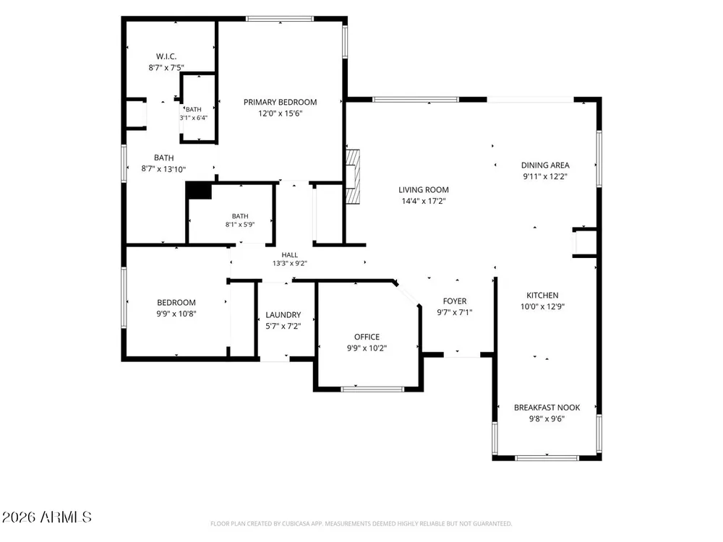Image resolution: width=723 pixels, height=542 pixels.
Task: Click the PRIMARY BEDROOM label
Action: pyautogui.click(x=280, y=103)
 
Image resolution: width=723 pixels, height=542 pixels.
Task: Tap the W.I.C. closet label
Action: pyautogui.click(x=166, y=56)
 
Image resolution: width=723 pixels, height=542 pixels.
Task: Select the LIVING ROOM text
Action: pyautogui.click(x=423, y=190)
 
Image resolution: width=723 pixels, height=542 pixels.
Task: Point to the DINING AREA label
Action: pyautogui.click(x=545, y=165)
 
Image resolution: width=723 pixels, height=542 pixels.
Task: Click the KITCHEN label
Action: pyautogui.click(x=542, y=296)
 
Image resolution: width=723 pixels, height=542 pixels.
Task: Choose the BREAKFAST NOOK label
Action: pyautogui.click(x=547, y=408)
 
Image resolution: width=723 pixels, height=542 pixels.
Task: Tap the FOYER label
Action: pyautogui.click(x=455, y=301)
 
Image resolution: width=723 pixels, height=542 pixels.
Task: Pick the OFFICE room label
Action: pyautogui.click(x=367, y=337)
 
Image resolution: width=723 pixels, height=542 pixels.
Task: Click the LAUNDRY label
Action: pyautogui.click(x=283, y=315)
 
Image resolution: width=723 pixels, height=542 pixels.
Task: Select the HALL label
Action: pyautogui.click(x=290, y=255)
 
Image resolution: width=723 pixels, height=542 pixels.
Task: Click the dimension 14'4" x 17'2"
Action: pyautogui.click(x=423, y=201)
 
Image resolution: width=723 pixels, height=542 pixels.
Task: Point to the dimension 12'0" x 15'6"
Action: pyautogui.click(x=280, y=113)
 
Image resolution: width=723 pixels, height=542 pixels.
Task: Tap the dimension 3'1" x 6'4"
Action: pyautogui.click(x=194, y=118)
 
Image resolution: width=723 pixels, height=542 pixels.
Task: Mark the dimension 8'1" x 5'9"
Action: pyautogui.click(x=240, y=225)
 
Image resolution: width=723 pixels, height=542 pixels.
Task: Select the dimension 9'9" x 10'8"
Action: pyautogui.click(x=176, y=314)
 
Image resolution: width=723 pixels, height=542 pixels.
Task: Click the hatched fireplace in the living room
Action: pyautogui.click(x=354, y=176)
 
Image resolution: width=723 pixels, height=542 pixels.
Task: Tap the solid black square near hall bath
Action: pyautogui.click(x=199, y=190)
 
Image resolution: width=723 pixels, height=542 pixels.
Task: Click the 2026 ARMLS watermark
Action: pyautogui.click(x=46, y=517)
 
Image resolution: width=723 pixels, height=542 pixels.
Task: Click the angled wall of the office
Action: pyautogui.click(x=406, y=293)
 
